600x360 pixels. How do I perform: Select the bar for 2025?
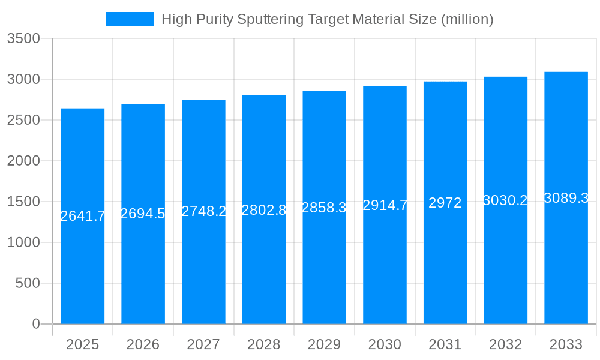(83, 270)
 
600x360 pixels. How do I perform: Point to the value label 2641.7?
(83, 216)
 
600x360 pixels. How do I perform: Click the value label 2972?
(445, 203)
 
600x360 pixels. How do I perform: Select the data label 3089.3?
(566, 198)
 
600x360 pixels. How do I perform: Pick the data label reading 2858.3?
(324, 208)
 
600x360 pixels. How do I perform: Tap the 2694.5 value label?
(143, 214)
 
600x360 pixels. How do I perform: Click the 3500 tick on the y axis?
(23, 39)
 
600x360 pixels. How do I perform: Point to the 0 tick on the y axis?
(35, 324)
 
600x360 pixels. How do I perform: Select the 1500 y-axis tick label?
(23, 202)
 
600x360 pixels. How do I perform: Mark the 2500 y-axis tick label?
(23, 120)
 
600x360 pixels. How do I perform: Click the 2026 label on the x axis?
(143, 344)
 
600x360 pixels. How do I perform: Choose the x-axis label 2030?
(385, 344)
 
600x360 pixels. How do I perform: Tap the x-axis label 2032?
(505, 344)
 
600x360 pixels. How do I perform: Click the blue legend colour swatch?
(130, 19)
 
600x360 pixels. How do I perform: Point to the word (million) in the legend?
(467, 19)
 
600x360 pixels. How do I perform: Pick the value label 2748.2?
(203, 211)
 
